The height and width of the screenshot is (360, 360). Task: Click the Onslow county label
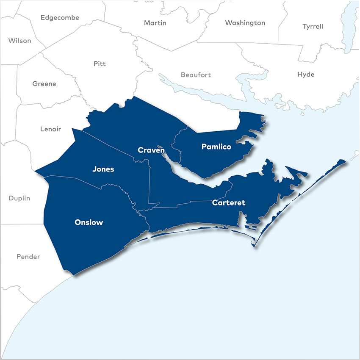(89, 222)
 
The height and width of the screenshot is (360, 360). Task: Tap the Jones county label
(103, 169)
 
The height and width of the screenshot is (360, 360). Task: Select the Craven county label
(151, 150)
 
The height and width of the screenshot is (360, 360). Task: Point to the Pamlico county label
(216, 147)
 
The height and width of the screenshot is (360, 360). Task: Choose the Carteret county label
(229, 203)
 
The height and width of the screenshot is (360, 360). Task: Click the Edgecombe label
(60, 18)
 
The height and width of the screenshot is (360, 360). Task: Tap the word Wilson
(19, 41)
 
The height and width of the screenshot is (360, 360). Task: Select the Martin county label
(155, 23)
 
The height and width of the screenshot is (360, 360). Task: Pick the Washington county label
(245, 23)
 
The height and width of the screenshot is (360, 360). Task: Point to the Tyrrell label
(313, 26)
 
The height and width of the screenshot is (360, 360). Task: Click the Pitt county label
(100, 64)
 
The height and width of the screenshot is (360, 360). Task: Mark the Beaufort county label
(196, 75)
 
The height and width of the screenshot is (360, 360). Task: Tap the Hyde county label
(306, 75)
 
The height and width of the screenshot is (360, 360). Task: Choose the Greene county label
(44, 84)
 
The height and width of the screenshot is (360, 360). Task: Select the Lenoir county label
(50, 129)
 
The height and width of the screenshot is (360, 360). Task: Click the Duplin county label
(19, 198)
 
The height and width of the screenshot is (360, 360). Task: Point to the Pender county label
(28, 257)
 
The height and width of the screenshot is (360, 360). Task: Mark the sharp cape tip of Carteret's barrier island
(254, 246)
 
